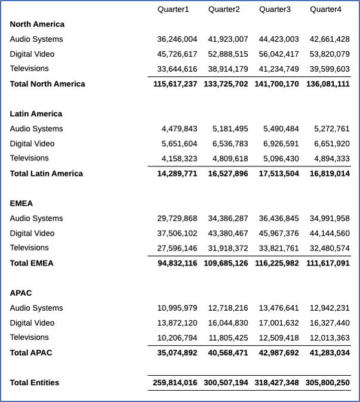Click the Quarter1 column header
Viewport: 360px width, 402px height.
pyautogui.click(x=173, y=10)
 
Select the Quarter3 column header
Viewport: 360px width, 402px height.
pyautogui.click(x=275, y=10)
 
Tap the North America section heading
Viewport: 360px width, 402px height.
pyautogui.click(x=37, y=24)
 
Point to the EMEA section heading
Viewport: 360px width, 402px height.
pyautogui.click(x=21, y=203)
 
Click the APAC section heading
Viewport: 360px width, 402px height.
pyautogui.click(x=21, y=293)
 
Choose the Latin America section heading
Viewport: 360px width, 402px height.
pyautogui.click(x=36, y=114)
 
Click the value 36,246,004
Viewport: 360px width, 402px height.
pyautogui.click(x=177, y=39)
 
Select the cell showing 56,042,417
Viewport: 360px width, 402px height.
pyautogui.click(x=279, y=54)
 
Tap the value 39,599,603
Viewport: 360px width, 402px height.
pyautogui.click(x=330, y=69)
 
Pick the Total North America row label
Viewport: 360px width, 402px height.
pyautogui.click(x=47, y=84)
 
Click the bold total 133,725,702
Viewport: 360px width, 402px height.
pyautogui.click(x=226, y=84)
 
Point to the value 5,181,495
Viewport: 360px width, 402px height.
pyautogui.click(x=230, y=129)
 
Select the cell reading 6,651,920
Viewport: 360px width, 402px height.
pyautogui.click(x=331, y=144)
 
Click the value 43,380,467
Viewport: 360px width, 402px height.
pyautogui.click(x=228, y=233)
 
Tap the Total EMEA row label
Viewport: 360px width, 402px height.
pyautogui.click(x=32, y=263)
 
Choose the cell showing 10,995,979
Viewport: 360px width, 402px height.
pyautogui.click(x=177, y=308)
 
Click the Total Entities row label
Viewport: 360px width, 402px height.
pyautogui.click(x=35, y=382)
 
